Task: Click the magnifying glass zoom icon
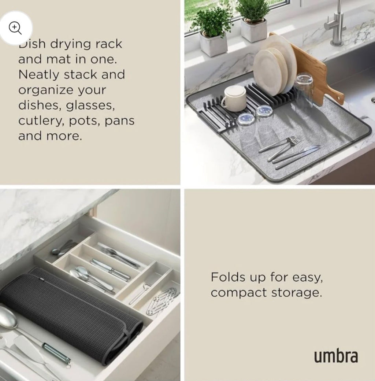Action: pos(15,28)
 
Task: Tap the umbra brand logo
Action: pos(336,356)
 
